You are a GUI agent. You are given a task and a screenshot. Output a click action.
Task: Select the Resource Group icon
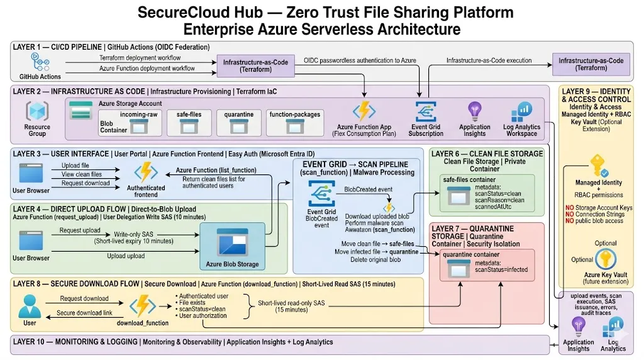point(37,113)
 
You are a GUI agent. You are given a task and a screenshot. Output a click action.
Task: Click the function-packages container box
point(294,123)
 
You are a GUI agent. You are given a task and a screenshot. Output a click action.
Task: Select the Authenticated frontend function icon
point(146,172)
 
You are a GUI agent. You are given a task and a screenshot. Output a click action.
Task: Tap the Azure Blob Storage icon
point(231,244)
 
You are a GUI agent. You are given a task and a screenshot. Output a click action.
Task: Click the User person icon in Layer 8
point(30,307)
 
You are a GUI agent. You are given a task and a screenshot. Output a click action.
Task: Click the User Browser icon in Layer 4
point(31,240)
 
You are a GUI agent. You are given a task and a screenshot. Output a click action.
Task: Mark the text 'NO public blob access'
point(596,221)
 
